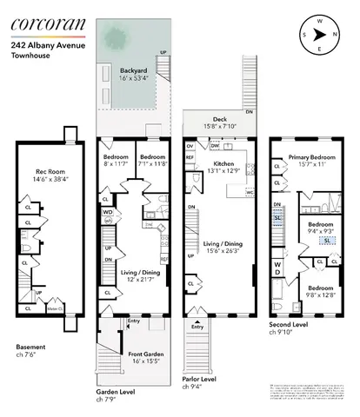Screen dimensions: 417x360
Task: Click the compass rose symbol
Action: point(323,35)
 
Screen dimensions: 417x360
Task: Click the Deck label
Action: point(217,122)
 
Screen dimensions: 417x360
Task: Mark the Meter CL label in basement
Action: point(54,308)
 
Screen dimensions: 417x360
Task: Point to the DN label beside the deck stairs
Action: point(250,113)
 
